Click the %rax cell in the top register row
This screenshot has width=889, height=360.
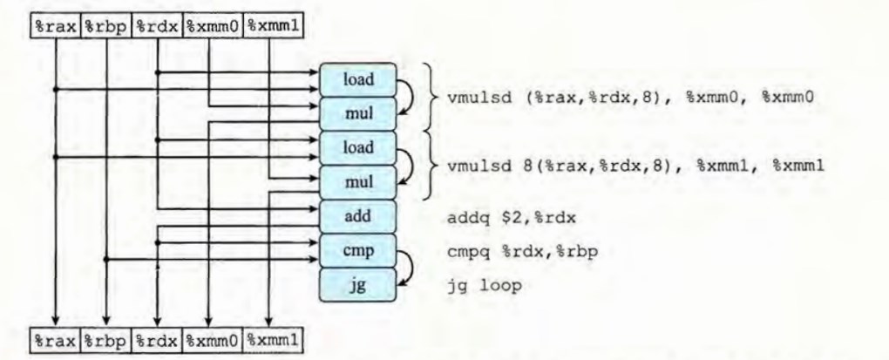click(56, 26)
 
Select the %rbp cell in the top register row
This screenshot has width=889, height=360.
click(106, 26)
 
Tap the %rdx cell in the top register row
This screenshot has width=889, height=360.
click(157, 26)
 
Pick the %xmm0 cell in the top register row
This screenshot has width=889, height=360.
click(211, 26)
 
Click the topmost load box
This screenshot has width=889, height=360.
click(358, 79)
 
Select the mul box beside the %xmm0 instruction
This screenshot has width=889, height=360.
click(358, 112)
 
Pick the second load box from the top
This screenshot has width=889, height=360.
click(358, 146)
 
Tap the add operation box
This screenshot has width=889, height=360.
click(358, 214)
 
